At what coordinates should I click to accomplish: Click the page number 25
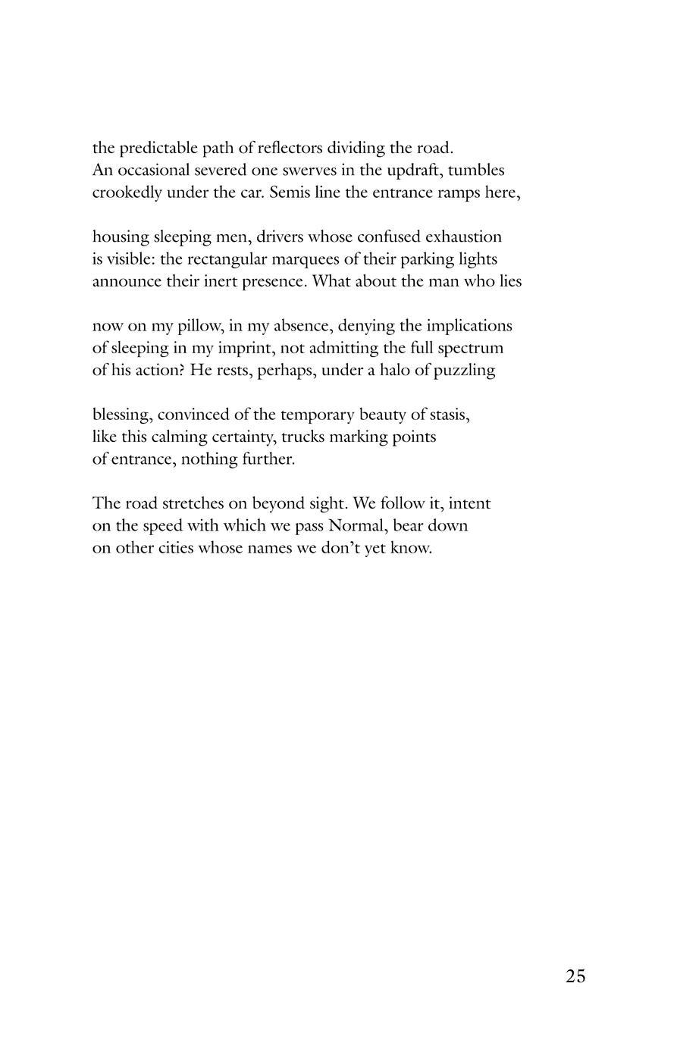575,976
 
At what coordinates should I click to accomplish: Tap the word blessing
122,415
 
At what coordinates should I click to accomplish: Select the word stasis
450,415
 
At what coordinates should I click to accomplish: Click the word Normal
358,526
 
